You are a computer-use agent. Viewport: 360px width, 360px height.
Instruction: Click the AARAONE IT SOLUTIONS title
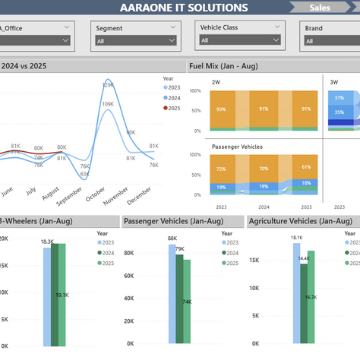pyautogui.click(x=184, y=8)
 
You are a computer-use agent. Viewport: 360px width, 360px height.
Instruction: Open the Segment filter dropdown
pyautogui.click(x=132, y=41)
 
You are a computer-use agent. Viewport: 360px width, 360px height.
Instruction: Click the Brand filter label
pyautogui.click(x=314, y=28)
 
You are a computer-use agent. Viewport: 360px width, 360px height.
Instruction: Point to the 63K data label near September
pyautogui.click(x=84, y=175)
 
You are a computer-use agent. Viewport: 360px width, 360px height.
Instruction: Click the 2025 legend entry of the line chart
pyautogui.click(x=174, y=108)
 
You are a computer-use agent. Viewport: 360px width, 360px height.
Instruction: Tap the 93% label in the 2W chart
pyautogui.click(x=221, y=109)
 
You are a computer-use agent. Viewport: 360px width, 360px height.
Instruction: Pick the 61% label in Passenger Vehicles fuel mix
pyautogui.click(x=305, y=167)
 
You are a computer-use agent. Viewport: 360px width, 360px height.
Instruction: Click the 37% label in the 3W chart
pyautogui.click(x=339, y=98)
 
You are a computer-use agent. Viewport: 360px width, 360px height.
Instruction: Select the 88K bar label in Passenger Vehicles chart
pyautogui.click(x=172, y=238)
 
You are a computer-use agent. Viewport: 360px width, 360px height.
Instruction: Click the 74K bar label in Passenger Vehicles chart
pyautogui.click(x=186, y=302)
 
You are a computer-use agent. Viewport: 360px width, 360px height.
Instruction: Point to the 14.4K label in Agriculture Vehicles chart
pyautogui.click(x=305, y=259)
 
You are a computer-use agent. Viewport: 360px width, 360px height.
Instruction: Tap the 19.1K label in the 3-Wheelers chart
pyautogui.click(x=62, y=295)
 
